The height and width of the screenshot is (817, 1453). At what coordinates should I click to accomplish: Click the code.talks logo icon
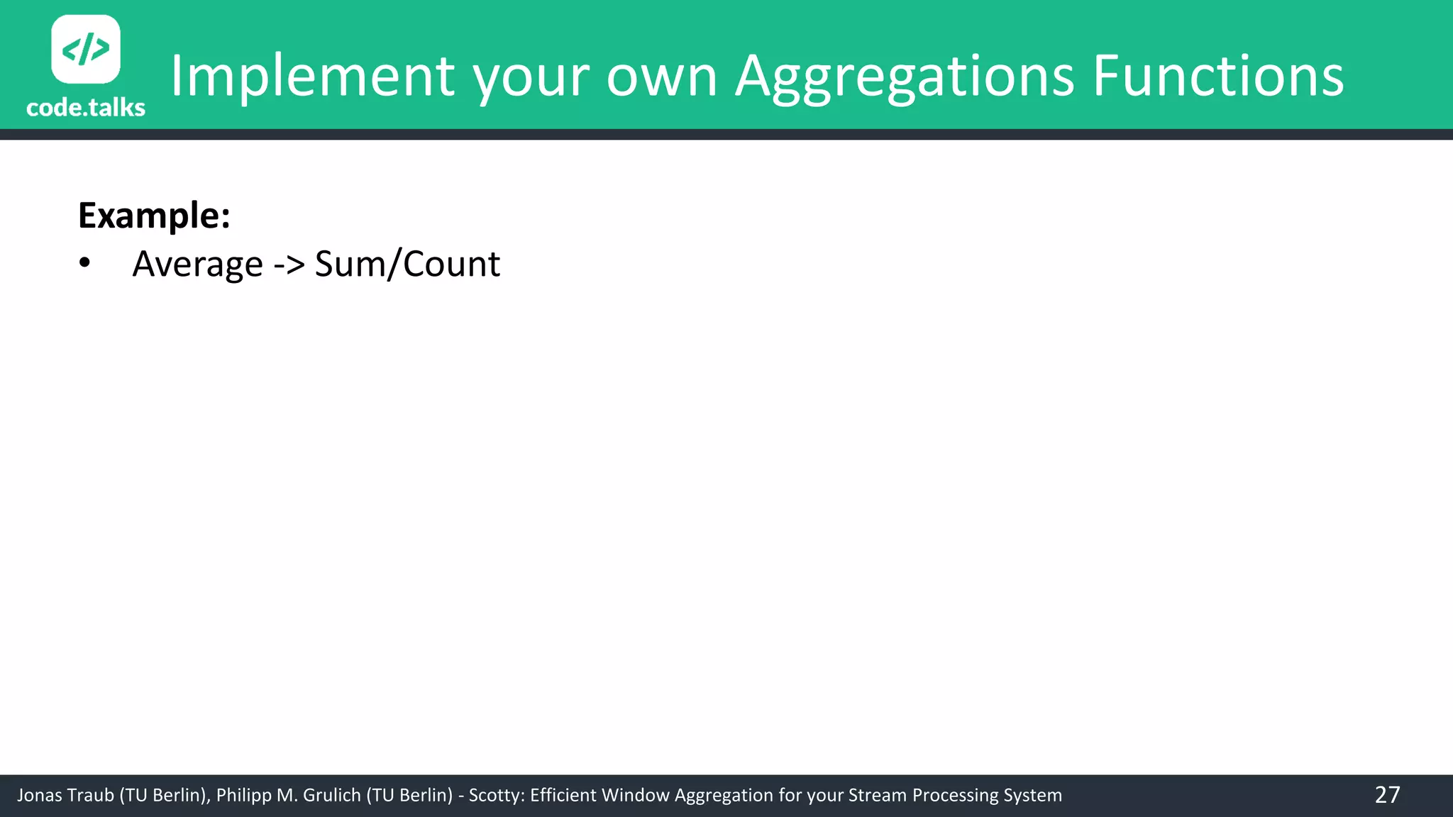tap(86, 49)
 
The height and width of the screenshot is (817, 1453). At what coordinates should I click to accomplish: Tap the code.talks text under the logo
tap(86, 107)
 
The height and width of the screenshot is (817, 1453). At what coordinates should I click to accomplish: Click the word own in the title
tap(661, 77)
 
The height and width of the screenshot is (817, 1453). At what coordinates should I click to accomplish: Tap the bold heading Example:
tap(154, 215)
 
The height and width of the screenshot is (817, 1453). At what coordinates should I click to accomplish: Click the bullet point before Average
tap(85, 263)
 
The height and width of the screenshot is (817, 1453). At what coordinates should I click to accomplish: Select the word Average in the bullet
tap(198, 265)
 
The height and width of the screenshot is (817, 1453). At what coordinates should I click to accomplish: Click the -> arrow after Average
tap(289, 265)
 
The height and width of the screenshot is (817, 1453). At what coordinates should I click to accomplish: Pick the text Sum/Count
tap(407, 265)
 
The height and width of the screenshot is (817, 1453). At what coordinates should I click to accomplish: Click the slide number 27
tap(1387, 794)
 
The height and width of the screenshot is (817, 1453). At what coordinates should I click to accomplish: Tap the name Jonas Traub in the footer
tap(65, 795)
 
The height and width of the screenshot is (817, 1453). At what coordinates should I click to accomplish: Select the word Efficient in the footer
tap(564, 795)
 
